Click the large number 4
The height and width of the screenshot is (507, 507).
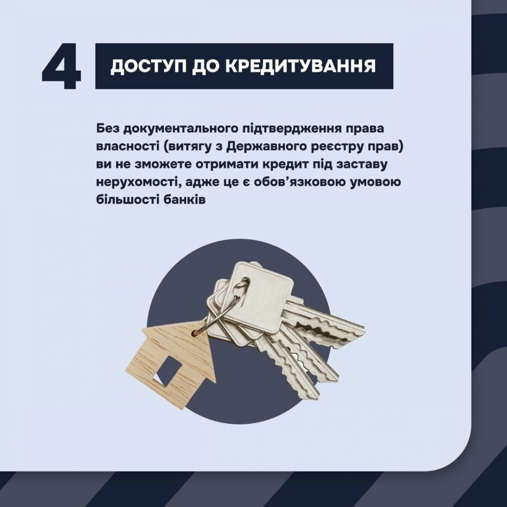61,66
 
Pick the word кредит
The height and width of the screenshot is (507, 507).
283,165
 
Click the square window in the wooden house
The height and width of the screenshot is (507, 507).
167,372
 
